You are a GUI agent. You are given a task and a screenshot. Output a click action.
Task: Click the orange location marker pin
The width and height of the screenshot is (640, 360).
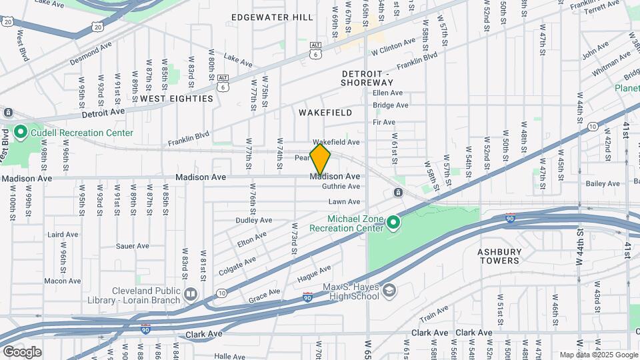coord(321,159)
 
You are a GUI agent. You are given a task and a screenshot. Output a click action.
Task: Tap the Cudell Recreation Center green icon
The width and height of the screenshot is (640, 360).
coord(20,133)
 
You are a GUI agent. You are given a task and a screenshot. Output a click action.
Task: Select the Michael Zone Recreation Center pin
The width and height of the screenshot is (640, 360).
coord(393,223)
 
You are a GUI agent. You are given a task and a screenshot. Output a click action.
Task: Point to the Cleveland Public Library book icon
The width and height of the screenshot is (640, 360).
coord(191,294)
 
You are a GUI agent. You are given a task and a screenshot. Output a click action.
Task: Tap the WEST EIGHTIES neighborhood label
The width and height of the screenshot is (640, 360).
coord(177,99)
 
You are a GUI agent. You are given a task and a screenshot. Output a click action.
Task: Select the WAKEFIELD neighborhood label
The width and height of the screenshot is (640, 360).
coord(325,113)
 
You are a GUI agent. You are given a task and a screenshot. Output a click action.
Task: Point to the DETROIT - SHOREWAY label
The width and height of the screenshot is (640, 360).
coord(367,78)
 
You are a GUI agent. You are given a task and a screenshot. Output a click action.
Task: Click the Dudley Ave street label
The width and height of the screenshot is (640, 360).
coord(254,220)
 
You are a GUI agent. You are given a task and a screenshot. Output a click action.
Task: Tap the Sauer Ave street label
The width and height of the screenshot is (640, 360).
coord(132,246)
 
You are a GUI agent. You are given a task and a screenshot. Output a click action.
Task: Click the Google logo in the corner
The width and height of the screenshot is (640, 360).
coord(22,351)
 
